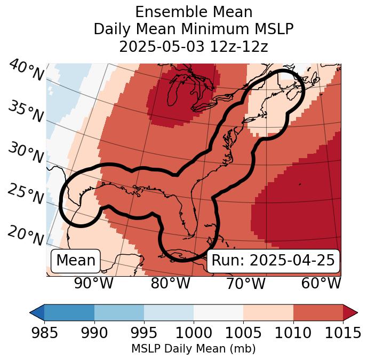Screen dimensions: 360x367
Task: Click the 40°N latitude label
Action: [26, 71]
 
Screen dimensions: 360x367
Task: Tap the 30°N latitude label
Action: [25, 153]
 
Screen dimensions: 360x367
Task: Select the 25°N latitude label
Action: [25, 194]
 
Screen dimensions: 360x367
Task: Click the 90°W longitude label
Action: [93, 284]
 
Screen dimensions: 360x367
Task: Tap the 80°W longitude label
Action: [170, 284]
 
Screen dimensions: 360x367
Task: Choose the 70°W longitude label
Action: [245, 284]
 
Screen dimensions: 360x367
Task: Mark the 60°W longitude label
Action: [321, 284]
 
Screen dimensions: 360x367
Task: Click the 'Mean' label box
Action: [76, 261]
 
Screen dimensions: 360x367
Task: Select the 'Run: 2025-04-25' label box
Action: [273, 261]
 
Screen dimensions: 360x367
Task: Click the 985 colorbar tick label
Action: [44, 333]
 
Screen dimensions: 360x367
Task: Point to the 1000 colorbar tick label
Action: [194, 333]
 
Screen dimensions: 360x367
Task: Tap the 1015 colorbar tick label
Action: [342, 333]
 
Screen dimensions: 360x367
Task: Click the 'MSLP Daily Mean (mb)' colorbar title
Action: [194, 349]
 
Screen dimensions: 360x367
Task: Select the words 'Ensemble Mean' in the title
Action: [194, 12]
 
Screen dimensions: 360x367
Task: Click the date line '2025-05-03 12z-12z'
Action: [194, 46]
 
